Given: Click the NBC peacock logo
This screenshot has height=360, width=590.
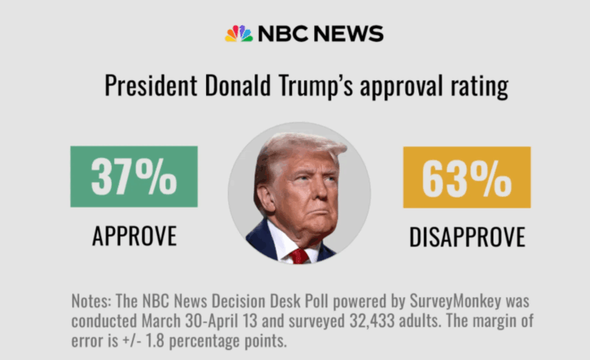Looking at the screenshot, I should tap(238, 34).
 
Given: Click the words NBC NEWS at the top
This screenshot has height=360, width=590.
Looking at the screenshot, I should tap(320, 34).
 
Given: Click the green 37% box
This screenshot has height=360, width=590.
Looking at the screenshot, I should tap(134, 177).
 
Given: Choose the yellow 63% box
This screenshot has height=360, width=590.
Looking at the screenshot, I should tap(467, 177).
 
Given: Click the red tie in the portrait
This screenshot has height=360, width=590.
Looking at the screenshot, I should tap(298, 255).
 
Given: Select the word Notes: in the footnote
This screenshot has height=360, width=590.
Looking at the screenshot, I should tap(91, 299).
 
